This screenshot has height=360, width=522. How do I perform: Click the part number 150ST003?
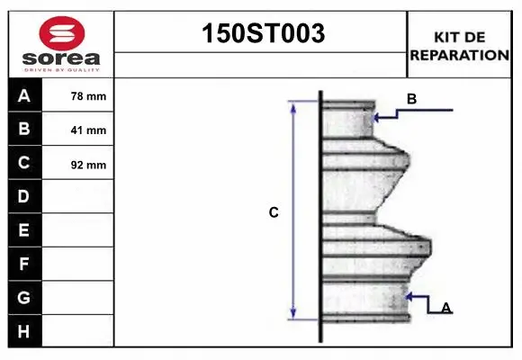[261, 34]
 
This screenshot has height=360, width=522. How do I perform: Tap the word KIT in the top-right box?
[447, 37]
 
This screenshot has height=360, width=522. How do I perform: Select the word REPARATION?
[459, 54]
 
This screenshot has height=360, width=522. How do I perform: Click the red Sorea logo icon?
[61, 34]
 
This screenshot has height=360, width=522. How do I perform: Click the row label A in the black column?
[24, 95]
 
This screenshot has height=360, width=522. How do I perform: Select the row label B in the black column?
[24, 129]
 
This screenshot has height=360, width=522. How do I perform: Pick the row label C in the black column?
[24, 163]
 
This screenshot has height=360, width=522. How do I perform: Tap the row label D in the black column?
[24, 196]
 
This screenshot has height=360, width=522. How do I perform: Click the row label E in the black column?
[24, 230]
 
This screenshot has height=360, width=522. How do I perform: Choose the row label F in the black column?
[24, 264]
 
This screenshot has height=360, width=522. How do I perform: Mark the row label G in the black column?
[24, 297]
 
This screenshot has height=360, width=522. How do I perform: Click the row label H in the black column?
[24, 331]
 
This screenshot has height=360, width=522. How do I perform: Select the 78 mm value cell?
[88, 96]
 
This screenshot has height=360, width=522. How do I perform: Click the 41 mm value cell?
[88, 130]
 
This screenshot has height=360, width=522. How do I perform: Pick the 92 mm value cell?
[88, 165]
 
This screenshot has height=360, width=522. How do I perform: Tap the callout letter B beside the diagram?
[411, 100]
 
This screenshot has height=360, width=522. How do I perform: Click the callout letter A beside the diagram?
[445, 308]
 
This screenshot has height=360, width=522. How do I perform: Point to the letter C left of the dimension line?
[274, 213]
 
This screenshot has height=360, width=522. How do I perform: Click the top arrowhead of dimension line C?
[292, 103]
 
